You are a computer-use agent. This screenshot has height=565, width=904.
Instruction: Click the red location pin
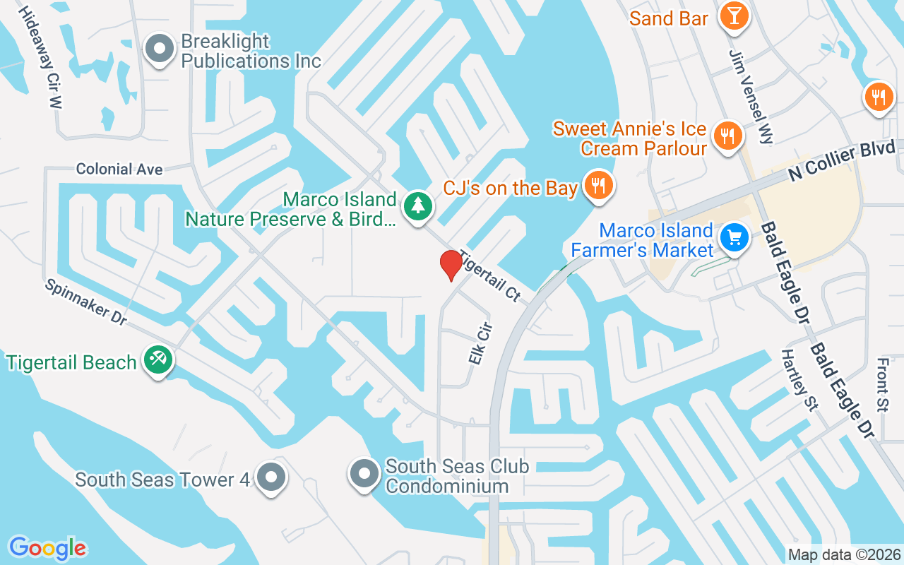tap(451, 265)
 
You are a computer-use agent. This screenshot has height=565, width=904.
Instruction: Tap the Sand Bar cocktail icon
tap(734, 17)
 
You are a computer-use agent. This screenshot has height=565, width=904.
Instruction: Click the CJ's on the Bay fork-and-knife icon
tap(599, 186)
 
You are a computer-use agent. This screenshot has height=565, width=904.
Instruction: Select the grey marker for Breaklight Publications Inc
tap(160, 49)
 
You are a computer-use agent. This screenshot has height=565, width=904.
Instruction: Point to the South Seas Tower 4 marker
tap(270, 477)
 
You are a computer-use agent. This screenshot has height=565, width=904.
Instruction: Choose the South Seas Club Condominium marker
tap(364, 474)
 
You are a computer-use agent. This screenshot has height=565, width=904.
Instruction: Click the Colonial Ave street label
tap(119, 169)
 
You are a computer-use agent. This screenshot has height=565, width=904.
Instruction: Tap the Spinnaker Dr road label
tap(85, 302)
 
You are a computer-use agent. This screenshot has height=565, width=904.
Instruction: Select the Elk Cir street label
tap(480, 343)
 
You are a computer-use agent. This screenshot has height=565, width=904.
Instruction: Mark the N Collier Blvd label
tap(842, 161)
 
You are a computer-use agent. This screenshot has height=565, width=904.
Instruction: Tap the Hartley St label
tap(799, 380)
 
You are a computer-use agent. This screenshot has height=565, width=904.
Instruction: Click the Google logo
tap(47, 548)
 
